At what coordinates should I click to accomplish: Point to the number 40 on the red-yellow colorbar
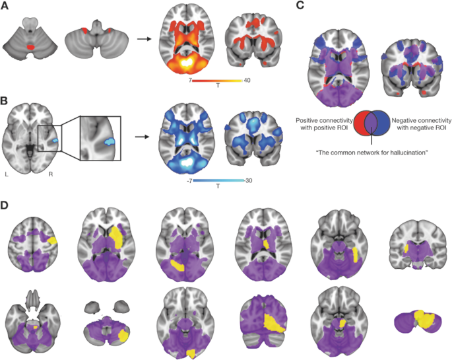pos(246,80)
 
